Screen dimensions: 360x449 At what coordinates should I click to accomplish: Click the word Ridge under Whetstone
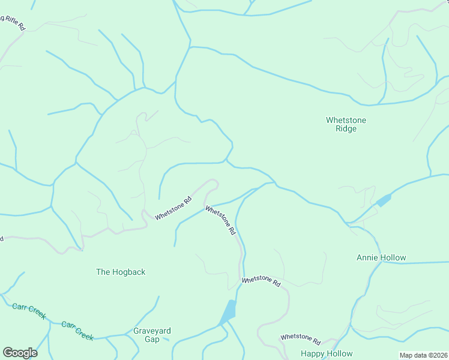coord(346,129)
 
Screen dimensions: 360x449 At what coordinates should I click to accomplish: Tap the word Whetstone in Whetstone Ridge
coord(346,120)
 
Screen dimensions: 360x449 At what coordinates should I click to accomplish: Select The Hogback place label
coord(121,272)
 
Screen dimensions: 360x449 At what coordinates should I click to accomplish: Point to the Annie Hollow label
coord(381,258)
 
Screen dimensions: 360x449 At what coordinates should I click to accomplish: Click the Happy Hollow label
coord(327,353)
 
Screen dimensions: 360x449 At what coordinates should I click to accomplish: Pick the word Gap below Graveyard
coord(152,340)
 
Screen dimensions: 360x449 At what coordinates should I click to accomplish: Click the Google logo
coord(20,353)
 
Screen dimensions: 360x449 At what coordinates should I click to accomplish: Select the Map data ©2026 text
coord(423,355)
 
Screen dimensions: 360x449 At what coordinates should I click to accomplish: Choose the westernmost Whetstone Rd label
coord(173,208)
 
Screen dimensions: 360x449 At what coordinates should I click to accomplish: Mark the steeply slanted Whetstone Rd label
coord(220,220)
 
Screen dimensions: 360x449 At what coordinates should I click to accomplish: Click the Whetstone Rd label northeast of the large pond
coord(261,280)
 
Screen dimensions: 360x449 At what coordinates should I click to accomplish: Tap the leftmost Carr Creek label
coord(29,311)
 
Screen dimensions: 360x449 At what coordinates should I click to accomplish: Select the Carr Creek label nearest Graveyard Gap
coord(77,331)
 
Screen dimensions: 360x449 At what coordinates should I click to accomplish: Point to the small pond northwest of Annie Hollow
coord(383,200)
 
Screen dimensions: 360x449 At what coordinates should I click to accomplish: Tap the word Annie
coord(367,258)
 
